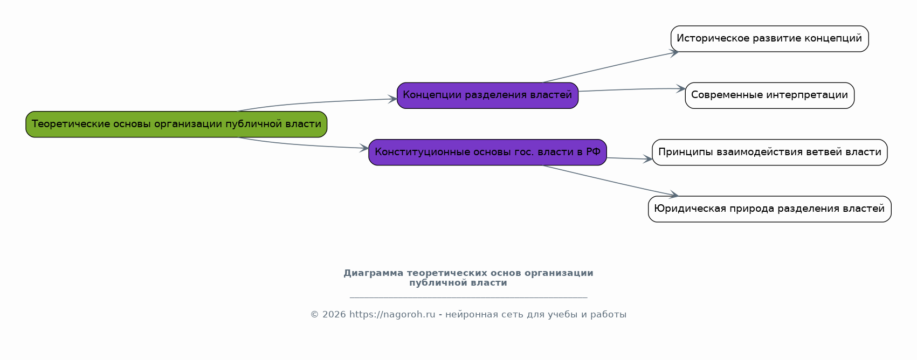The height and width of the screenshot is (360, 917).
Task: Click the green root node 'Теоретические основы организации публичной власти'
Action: (176, 124)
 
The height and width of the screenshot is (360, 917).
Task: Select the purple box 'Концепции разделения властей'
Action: (487, 95)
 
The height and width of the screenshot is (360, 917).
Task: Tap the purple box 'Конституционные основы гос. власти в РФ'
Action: (487, 153)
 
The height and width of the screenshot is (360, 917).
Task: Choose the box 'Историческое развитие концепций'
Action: (769, 39)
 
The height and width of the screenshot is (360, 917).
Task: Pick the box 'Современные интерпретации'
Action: (769, 95)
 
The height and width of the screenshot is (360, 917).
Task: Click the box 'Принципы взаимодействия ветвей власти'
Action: (769, 153)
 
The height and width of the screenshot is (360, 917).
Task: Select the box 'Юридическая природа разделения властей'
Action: (769, 209)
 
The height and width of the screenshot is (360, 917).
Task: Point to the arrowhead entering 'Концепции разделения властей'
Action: (393, 99)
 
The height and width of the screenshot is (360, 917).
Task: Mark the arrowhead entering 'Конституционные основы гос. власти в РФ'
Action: (365, 148)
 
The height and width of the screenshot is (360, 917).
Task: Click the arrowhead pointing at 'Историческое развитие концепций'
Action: (674, 52)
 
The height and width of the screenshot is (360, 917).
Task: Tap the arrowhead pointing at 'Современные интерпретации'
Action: (681, 89)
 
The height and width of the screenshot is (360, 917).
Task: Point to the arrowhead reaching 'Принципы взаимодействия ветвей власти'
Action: (648, 160)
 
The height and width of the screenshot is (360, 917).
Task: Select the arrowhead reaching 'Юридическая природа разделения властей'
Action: (674, 195)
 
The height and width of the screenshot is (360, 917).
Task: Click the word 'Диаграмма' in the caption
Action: (373, 273)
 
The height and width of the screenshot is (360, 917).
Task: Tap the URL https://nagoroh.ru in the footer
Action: (392, 315)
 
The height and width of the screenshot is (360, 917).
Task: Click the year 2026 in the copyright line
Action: (334, 315)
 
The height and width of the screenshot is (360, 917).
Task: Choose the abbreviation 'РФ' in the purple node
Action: (593, 153)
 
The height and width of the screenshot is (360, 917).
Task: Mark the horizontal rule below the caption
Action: (468, 297)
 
